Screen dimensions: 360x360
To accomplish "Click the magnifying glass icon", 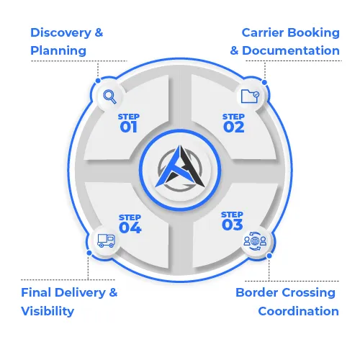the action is pyautogui.click(x=109, y=96).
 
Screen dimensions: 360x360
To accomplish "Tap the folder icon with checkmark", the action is pyautogui.click(x=250, y=96).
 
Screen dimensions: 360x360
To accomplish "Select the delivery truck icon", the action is pyautogui.click(x=106, y=240).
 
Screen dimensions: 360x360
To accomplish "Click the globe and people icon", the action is pyautogui.click(x=255, y=240).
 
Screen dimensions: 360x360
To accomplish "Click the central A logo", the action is pyautogui.click(x=180, y=168).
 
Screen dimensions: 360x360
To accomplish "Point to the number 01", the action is pyautogui.click(x=129, y=127).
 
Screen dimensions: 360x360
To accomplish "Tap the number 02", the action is pyautogui.click(x=233, y=127).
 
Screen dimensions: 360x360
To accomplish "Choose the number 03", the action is pyautogui.click(x=233, y=225).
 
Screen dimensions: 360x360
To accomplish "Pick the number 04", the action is pyautogui.click(x=130, y=228).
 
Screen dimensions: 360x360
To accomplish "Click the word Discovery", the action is pyautogui.click(x=60, y=33).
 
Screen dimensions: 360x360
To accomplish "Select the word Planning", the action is pyautogui.click(x=58, y=51).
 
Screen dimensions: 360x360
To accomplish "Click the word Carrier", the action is pyautogui.click(x=263, y=32).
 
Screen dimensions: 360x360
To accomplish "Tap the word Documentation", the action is pyautogui.click(x=291, y=50).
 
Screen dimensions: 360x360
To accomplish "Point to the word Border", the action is pyautogui.click(x=257, y=292).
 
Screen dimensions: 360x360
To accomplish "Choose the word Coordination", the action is pyautogui.click(x=298, y=311).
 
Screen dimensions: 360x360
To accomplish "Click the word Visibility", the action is pyautogui.click(x=48, y=311).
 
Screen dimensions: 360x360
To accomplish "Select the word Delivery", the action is pyautogui.click(x=81, y=293).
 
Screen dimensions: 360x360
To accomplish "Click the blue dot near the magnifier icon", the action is pyautogui.click(x=98, y=81).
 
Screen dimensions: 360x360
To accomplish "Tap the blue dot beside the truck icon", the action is pyautogui.click(x=89, y=253).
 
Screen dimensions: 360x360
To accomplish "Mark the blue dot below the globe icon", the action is pyautogui.click(x=269, y=256).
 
